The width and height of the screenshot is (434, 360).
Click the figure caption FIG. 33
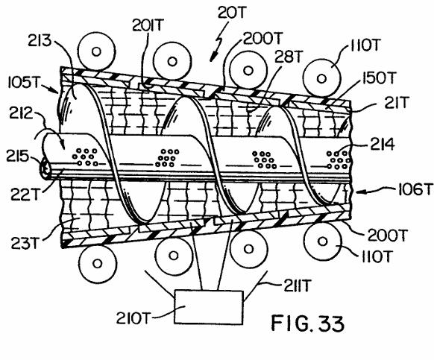(x=307, y=323)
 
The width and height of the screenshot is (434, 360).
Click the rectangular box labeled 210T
(x=209, y=307)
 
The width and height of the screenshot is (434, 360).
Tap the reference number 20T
(x=232, y=13)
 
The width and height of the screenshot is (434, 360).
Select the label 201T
(x=148, y=25)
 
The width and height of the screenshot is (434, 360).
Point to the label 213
(x=40, y=41)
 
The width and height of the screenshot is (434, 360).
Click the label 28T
(x=288, y=57)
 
